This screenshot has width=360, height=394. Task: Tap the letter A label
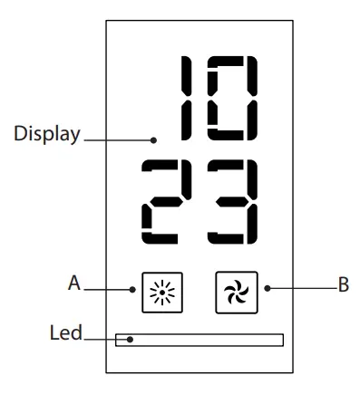[74, 283]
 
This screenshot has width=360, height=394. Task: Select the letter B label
[344, 285]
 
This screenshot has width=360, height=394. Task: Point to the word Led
[65, 333]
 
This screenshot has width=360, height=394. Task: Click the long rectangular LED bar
[199, 340]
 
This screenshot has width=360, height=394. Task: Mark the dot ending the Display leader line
[155, 139]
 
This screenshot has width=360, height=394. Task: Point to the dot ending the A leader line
[133, 290]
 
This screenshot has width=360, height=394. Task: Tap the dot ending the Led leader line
[131, 341]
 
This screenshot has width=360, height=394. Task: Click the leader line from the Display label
[118, 139]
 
